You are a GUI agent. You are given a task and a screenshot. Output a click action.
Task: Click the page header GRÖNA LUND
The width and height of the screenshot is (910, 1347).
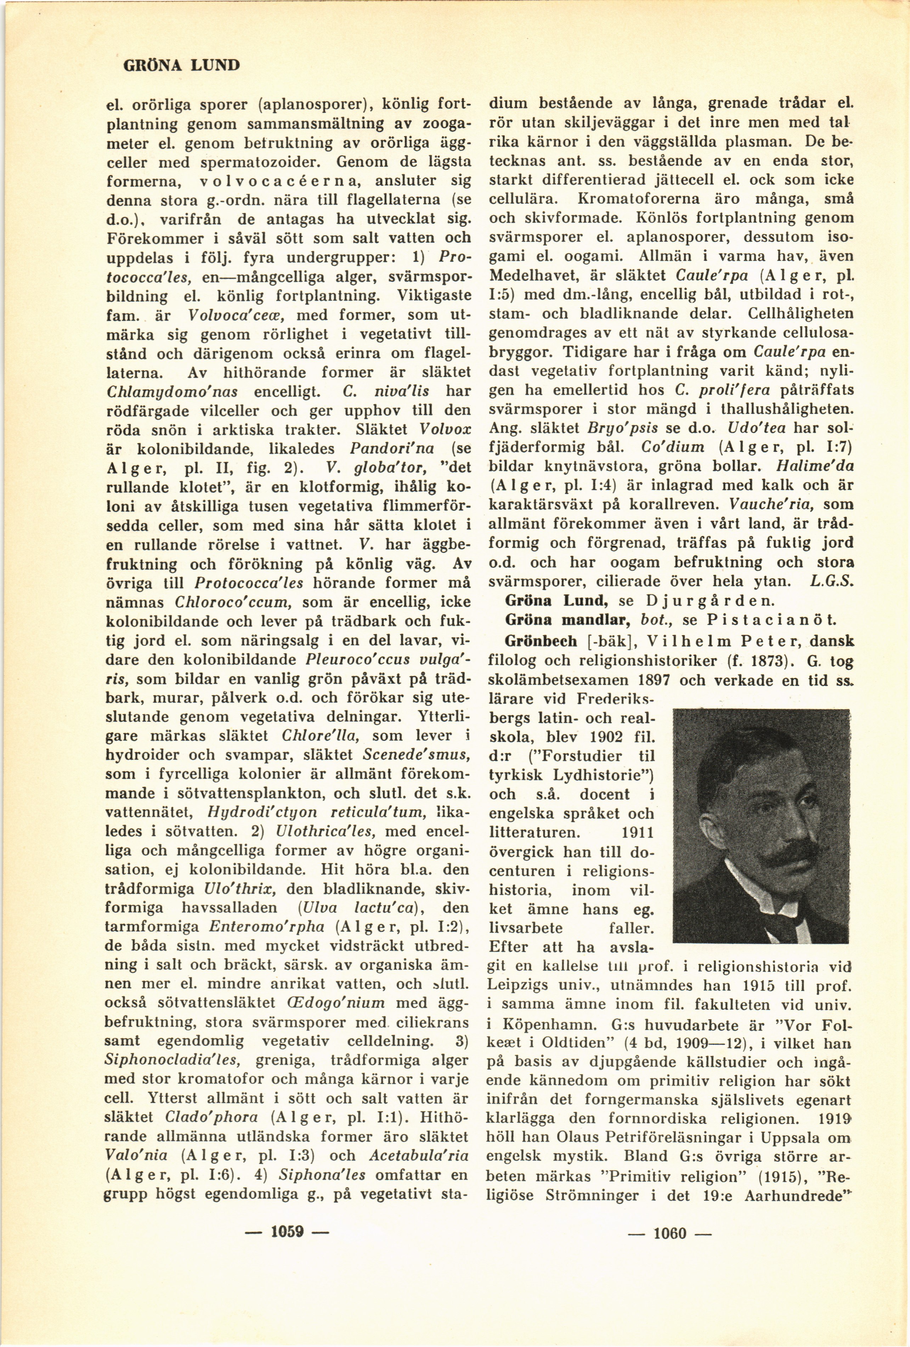click(181, 64)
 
